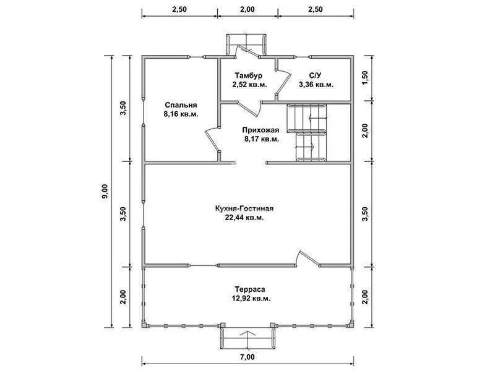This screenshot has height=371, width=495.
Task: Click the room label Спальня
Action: (181, 104)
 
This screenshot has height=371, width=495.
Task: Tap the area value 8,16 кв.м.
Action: (181, 114)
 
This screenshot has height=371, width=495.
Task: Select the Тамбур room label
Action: (249, 75)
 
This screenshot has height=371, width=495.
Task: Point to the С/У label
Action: (315, 75)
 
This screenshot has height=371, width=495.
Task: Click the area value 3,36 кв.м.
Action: (316, 85)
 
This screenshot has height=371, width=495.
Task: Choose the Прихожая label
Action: (260, 130)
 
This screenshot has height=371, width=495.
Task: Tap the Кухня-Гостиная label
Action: (244, 208)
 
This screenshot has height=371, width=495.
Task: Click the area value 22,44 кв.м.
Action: (244, 218)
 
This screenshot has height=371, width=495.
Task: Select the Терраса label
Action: (250, 289)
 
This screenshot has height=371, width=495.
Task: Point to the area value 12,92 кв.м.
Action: (251, 299)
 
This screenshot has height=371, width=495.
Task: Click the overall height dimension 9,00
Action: (105, 192)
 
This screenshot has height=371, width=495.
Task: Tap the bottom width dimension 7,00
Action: (247, 357)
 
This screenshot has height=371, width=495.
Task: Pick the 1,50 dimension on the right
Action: (365, 78)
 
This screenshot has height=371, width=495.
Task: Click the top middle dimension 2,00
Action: (247, 9)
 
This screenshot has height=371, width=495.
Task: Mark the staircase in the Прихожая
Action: (307, 132)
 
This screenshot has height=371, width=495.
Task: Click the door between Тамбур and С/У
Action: (283, 83)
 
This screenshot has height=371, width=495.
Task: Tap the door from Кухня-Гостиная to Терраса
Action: (308, 258)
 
